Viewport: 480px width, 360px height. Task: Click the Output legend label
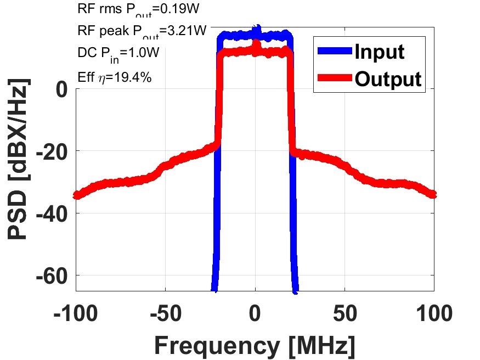click(388, 79)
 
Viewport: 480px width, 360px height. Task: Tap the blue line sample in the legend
click(334, 52)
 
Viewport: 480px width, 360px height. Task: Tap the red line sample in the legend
click(334, 79)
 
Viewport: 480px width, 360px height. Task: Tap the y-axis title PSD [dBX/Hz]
click(19, 159)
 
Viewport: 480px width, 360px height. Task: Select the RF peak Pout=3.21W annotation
click(142, 31)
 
